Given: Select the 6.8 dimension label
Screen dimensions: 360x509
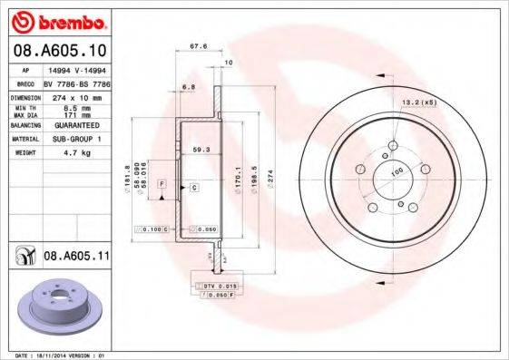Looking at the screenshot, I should coord(188,87).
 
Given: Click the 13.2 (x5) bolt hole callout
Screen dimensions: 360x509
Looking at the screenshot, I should coord(420,102).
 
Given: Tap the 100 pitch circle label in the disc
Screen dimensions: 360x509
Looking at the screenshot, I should coord(396,172).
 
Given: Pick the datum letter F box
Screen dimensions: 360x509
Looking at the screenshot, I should coord(162,184).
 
